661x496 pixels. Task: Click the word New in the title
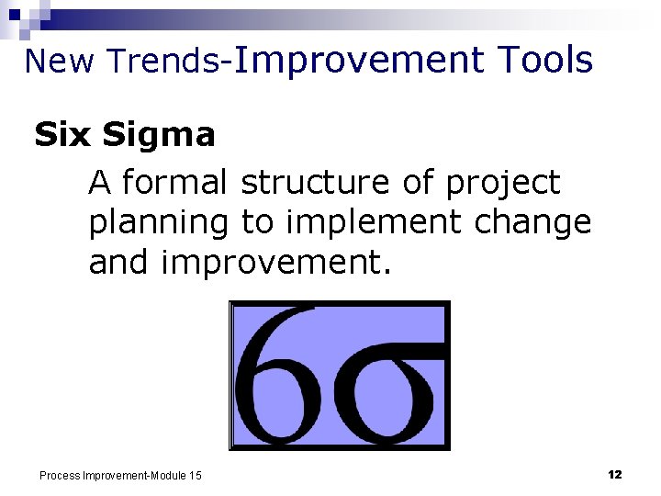[x=62, y=61]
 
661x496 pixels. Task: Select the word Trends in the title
[x=162, y=61]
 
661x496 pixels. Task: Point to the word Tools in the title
[x=545, y=60]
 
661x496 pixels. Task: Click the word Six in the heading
[x=63, y=135]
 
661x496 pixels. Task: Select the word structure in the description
[x=316, y=183]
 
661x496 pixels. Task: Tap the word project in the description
[x=502, y=185]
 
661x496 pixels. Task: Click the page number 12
[x=615, y=474]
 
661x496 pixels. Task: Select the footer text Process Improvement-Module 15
[x=120, y=475]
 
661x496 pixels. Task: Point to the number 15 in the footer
[x=196, y=475]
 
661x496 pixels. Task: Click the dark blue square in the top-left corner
[x=15, y=15]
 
